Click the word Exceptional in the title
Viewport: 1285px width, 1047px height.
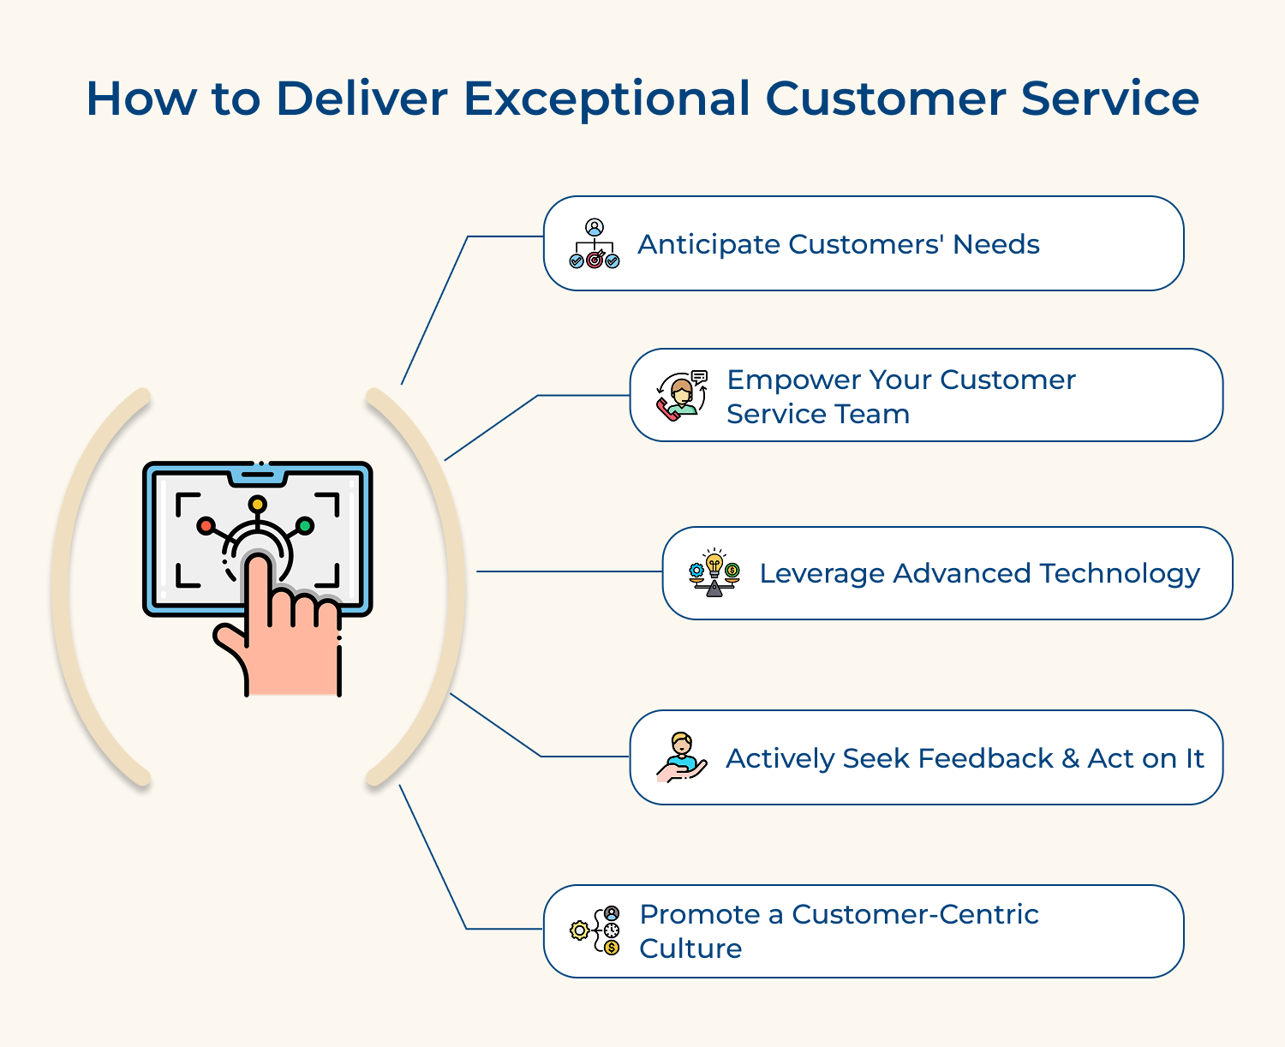coord(607,99)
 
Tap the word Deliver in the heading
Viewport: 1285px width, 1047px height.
coord(361,98)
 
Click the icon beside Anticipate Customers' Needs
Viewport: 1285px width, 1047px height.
coord(595,244)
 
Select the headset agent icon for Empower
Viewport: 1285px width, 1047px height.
coord(682,396)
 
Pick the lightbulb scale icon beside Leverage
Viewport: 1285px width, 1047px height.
coord(714,573)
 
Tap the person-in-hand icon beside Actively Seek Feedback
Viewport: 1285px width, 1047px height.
coord(682,757)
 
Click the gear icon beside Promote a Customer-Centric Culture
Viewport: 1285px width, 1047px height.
coord(580,930)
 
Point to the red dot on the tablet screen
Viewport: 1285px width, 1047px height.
coord(206,525)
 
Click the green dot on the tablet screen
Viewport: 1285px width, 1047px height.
coord(304,525)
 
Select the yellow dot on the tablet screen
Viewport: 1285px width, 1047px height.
coord(257,504)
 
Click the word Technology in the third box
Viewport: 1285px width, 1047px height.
coord(1119,574)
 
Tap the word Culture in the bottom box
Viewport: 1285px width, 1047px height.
coord(690,948)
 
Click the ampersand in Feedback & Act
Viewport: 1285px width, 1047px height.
coord(1070,758)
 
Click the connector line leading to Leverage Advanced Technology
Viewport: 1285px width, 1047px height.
coord(569,571)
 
